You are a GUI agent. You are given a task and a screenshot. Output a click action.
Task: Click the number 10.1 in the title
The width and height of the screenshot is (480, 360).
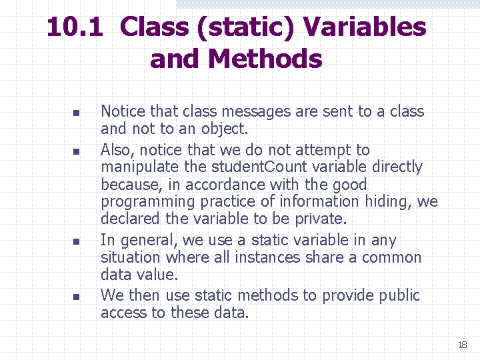tap(75, 28)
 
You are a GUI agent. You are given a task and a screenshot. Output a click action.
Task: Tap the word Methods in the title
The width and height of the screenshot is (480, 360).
tap(265, 59)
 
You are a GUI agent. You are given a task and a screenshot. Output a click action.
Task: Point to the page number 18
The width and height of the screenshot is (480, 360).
tap(462, 345)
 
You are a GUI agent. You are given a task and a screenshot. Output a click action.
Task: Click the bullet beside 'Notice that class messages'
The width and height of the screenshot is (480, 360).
tap(76, 113)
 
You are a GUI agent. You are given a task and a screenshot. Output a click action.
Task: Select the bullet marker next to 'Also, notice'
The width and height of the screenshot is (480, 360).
tap(76, 151)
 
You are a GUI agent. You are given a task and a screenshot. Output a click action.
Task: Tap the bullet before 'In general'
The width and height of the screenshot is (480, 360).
tap(76, 241)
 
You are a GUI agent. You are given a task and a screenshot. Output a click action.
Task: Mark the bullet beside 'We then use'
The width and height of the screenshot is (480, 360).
tap(76, 297)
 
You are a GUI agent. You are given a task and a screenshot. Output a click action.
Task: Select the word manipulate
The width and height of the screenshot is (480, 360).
tap(131, 167)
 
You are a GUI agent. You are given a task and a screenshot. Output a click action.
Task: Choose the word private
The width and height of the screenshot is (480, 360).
tap(321, 219)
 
